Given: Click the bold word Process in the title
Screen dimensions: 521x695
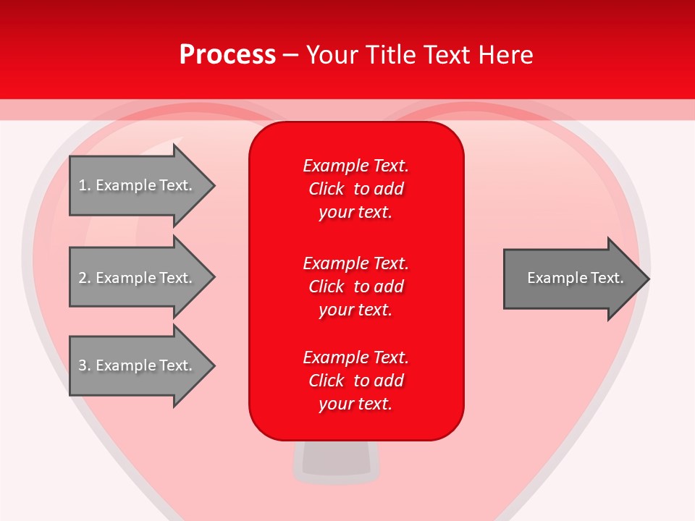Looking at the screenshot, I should (227, 55).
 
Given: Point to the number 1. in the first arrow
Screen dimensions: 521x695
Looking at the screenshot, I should (85, 185).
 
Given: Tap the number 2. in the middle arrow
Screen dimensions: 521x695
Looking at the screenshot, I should (85, 278).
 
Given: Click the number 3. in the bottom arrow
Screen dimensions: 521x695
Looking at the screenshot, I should (85, 365).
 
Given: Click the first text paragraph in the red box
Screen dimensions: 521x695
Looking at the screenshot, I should (355, 189).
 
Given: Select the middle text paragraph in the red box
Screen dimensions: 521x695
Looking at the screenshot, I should (355, 287).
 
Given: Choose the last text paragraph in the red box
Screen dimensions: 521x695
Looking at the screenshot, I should (355, 381).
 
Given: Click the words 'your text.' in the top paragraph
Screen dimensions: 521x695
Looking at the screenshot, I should (355, 213).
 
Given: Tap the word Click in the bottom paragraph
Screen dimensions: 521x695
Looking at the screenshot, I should (326, 381).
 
